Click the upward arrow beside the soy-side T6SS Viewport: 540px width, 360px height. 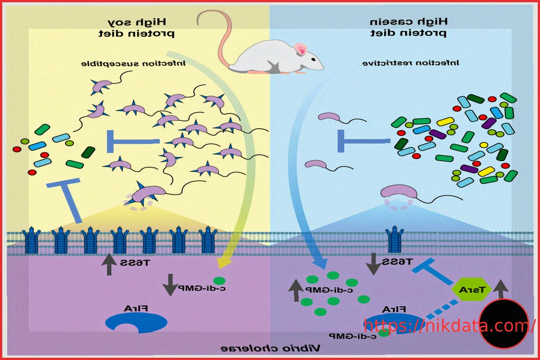click(108, 265)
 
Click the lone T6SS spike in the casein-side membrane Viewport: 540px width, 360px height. click(396, 239)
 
